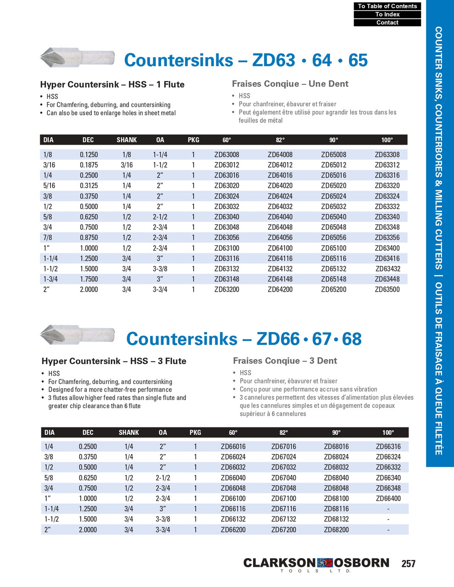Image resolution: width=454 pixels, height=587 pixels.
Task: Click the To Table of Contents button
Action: point(387,6)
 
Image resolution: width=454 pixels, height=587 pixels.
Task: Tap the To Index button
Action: point(387,14)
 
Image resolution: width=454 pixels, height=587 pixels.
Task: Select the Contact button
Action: point(387,22)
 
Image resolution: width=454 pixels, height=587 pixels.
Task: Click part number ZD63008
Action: point(227,155)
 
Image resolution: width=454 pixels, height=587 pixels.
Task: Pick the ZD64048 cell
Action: point(280,227)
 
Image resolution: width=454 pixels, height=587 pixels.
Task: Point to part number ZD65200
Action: point(334,289)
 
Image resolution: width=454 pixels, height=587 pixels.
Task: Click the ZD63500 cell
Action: point(387,289)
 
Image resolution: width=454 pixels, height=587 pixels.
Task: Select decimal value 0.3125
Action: point(89,186)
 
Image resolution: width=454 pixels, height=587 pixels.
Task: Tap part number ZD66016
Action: point(233,446)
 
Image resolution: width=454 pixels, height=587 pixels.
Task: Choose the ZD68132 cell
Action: point(336,519)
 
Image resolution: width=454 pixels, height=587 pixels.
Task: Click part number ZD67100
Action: point(284,498)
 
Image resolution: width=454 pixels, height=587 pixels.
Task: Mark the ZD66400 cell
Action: point(388,498)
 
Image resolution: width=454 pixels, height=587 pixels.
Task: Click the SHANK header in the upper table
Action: point(127,140)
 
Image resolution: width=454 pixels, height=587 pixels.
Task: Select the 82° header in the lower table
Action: point(284,432)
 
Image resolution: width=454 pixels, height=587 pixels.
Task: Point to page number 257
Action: point(408,564)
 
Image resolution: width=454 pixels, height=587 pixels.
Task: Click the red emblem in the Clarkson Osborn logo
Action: point(325,563)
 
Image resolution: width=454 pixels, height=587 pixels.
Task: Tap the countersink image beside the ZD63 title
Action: point(77,57)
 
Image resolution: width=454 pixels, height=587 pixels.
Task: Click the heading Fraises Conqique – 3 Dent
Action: point(285,360)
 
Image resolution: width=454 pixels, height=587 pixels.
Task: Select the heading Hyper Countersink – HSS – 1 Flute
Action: point(112,84)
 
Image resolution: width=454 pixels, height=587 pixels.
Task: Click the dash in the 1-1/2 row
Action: point(388,519)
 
